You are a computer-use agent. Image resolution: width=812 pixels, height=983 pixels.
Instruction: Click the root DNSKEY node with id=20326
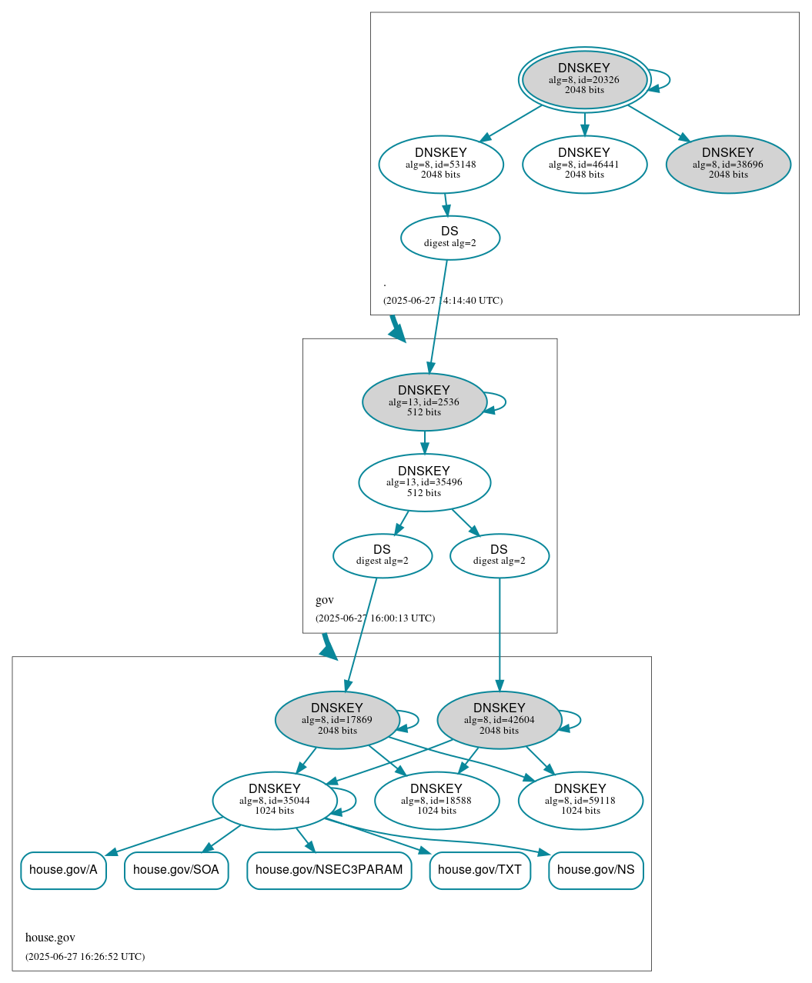point(584,79)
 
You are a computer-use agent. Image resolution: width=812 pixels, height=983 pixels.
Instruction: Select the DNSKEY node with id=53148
point(441,164)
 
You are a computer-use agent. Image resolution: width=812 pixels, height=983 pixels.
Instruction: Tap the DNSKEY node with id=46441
point(584,164)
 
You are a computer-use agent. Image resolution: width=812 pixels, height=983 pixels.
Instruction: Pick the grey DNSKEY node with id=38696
point(728,164)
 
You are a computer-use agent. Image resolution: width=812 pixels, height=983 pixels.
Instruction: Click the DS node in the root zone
point(450,238)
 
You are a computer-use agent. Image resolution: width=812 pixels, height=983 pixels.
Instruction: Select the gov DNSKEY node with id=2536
point(424,402)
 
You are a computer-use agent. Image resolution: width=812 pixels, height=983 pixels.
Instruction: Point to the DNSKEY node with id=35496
point(424,482)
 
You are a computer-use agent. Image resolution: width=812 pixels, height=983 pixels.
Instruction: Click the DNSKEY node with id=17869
point(337,720)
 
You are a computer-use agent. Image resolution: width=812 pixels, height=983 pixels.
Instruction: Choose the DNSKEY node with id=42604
point(500,720)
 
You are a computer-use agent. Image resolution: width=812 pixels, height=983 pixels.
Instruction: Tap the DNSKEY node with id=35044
point(275,801)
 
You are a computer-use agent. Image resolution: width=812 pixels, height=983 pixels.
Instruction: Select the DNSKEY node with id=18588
point(436,801)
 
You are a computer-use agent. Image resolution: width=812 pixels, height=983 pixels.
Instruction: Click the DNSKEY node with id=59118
point(580,801)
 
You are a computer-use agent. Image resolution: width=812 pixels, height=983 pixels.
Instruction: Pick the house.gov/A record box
point(63,870)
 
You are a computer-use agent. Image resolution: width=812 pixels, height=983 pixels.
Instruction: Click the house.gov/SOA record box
point(176,870)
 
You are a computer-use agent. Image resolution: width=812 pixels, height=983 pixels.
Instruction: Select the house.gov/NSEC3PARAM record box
point(329,870)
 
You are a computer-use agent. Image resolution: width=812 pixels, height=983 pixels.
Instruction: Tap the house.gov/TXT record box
point(480,870)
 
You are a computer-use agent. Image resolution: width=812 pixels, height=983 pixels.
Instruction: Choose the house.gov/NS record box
point(596,870)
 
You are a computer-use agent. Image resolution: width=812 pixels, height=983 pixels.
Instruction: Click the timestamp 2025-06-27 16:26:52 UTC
point(85,957)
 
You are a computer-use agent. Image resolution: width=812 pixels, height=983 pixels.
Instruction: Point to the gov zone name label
point(325,600)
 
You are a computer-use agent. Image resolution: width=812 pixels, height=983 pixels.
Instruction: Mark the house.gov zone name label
point(50,938)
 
